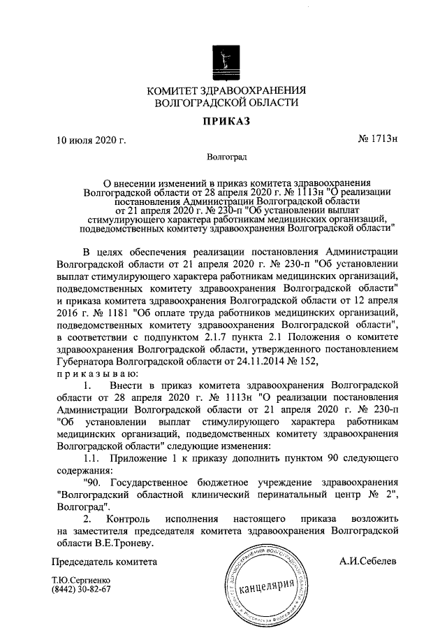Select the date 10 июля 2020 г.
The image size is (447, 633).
tap(91, 141)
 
